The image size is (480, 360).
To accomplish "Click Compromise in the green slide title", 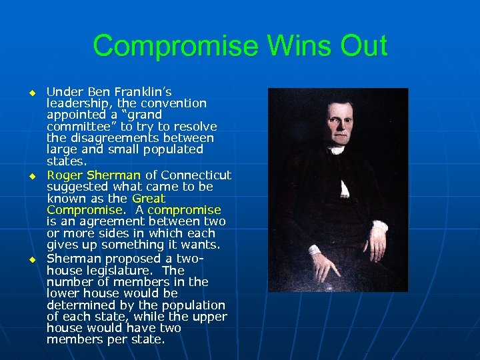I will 171,47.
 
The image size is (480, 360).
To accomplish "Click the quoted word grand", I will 141,115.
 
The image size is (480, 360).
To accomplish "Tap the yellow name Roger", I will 65,175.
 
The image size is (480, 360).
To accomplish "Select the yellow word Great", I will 149,198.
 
